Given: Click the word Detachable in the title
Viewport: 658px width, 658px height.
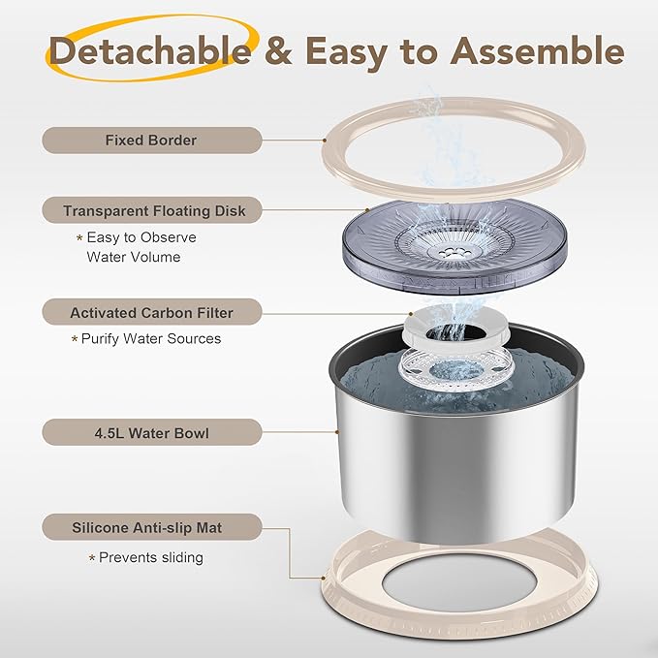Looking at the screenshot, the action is point(150,50).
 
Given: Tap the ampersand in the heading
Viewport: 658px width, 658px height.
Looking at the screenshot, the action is point(278,50).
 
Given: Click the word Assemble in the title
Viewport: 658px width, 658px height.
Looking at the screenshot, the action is point(537,50).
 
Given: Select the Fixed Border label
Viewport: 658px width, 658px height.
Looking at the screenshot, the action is point(151,141).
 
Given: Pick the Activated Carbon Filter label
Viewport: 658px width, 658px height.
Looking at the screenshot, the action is point(151,312).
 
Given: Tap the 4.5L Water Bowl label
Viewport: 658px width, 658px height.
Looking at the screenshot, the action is point(151,432).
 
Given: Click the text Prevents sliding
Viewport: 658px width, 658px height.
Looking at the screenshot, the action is point(151,557).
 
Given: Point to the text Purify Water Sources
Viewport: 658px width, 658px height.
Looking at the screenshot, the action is point(151,338).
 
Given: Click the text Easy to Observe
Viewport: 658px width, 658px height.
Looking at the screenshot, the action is point(141,237).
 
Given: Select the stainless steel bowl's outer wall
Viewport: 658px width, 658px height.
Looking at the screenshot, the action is point(457,466).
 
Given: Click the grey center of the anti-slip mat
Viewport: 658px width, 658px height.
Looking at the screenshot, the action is point(460,584).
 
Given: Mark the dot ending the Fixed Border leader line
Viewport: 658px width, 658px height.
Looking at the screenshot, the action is point(325,141).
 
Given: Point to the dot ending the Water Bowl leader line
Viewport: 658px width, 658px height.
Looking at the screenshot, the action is point(336,431).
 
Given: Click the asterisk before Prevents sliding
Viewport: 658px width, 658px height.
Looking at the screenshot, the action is point(92,558).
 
